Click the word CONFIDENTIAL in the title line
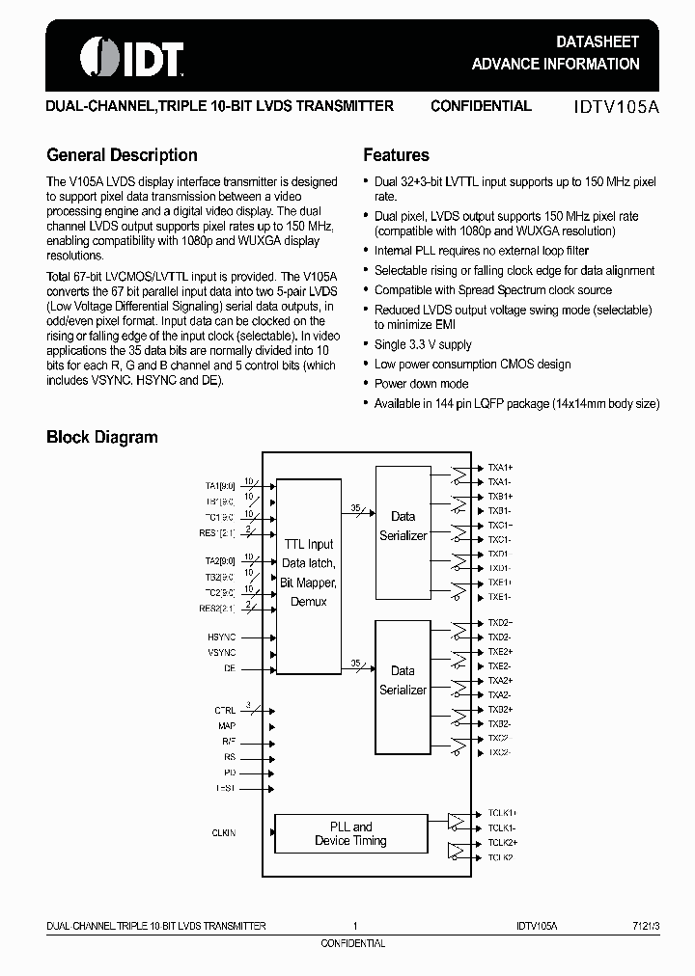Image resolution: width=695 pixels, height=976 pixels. click(x=481, y=106)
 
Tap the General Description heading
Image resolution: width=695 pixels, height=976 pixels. click(x=122, y=155)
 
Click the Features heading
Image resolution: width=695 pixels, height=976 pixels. click(x=396, y=155)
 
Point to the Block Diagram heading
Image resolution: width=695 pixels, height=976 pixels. click(x=101, y=437)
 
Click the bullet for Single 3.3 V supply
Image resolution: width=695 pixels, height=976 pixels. click(x=366, y=345)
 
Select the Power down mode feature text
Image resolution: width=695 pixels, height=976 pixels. click(x=421, y=384)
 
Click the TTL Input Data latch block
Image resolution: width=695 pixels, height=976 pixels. click(x=308, y=573)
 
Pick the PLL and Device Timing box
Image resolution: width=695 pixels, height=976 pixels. click(x=350, y=834)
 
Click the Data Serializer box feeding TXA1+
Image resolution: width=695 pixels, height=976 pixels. click(x=403, y=526)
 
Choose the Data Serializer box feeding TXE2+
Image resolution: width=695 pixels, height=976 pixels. click(x=403, y=680)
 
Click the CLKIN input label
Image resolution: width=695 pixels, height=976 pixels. click(x=223, y=832)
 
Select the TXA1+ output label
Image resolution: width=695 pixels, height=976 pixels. click(x=500, y=467)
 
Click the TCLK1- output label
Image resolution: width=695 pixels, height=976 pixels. click(x=501, y=827)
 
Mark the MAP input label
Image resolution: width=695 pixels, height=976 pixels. click(x=227, y=725)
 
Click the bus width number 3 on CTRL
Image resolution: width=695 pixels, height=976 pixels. click(x=248, y=704)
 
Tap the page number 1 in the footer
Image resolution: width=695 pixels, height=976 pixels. click(x=355, y=926)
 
